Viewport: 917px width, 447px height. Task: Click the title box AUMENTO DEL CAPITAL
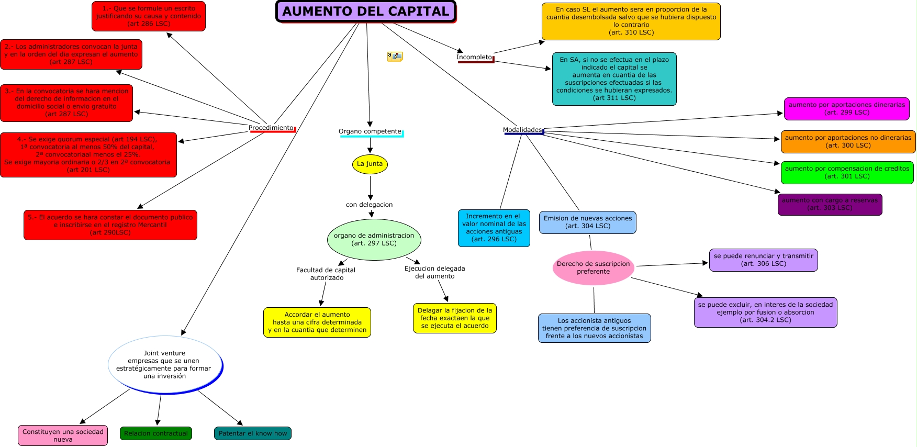click(366, 12)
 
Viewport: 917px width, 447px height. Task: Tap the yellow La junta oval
click(370, 164)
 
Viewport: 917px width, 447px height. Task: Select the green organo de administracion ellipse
click(374, 239)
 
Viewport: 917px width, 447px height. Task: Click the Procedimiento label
click(271, 128)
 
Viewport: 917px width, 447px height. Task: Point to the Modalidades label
click(522, 130)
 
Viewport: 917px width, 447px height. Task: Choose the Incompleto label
click(474, 57)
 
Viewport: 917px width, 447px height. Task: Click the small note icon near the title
click(395, 57)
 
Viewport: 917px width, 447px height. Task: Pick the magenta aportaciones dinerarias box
click(846, 109)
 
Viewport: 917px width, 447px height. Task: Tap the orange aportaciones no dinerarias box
click(848, 142)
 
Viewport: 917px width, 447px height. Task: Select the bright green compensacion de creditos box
click(847, 173)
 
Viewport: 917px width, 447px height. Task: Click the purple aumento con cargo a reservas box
click(830, 204)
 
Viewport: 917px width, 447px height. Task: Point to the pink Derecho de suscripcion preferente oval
click(593, 268)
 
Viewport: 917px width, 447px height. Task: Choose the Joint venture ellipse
click(165, 365)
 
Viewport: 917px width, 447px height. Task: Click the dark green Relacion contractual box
click(156, 433)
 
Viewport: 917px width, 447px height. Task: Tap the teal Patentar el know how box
click(252, 433)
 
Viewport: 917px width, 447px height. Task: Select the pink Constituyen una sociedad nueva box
click(63, 435)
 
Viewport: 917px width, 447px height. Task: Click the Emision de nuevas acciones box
click(587, 222)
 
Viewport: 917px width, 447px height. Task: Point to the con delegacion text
click(369, 205)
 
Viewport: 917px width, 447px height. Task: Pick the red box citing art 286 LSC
click(149, 16)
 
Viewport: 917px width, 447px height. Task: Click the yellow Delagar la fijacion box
click(454, 318)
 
